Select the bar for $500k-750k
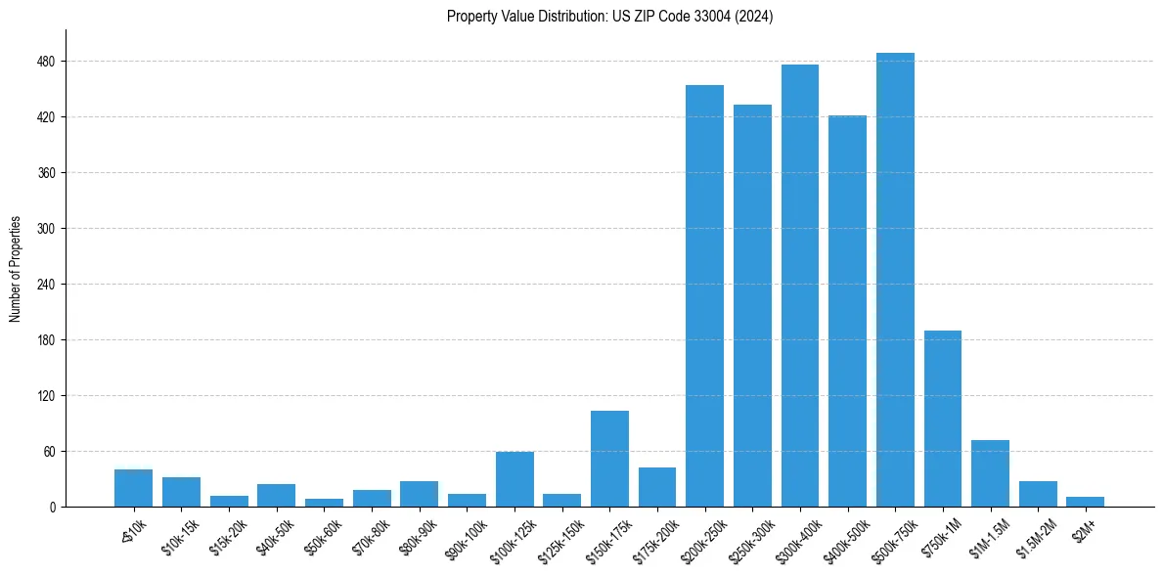[895, 280]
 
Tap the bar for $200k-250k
[704, 296]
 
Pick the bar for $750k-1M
[943, 419]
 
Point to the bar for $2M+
[1086, 502]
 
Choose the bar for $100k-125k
[514, 479]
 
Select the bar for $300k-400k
[800, 286]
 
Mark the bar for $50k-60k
[324, 503]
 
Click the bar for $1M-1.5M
[990, 473]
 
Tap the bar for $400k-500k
[847, 311]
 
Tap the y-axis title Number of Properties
[16, 268]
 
